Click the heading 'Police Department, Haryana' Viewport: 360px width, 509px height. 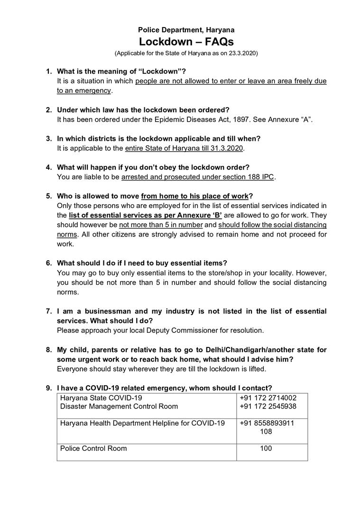coord(186,29)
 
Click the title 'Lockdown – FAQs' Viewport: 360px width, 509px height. coord(186,42)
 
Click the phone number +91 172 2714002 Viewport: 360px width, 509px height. coord(268,398)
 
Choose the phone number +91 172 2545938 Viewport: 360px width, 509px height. coord(268,407)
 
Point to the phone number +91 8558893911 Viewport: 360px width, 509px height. coord(267,423)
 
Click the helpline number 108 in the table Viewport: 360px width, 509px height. coord(266,432)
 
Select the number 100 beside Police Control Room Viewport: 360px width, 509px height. coord(266,448)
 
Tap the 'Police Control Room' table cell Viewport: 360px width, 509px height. coord(93,448)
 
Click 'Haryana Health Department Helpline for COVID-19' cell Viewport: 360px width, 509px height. coord(142,423)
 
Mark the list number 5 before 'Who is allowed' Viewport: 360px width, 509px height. coord(48,196)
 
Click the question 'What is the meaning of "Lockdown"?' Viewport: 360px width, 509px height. coord(121,72)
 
